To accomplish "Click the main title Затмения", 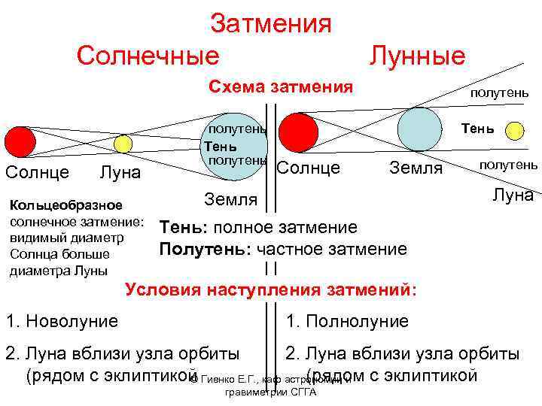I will click(271, 23).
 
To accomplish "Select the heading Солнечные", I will click(148, 55).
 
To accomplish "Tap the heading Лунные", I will click(417, 55).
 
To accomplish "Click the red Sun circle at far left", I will click(20, 141).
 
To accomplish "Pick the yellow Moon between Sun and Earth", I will click(123, 144).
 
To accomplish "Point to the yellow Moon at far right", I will click(515, 129).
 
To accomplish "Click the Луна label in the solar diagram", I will click(120, 173).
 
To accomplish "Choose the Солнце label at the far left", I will click(38, 172).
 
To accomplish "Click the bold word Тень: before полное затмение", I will click(179, 227).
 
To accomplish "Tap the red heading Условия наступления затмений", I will click(271, 289).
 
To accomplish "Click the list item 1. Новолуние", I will click(62, 322).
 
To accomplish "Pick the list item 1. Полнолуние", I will click(347, 322).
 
